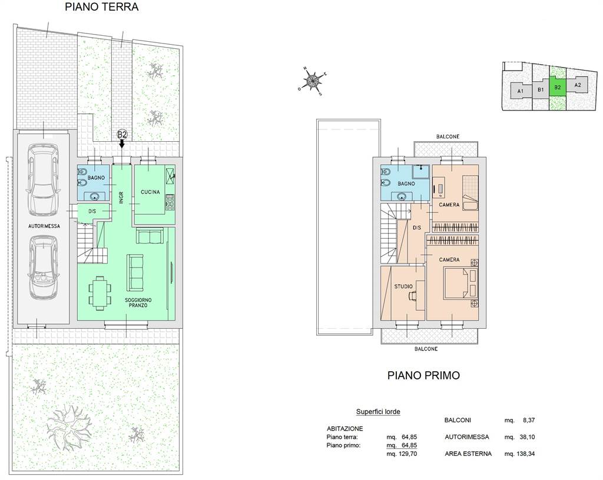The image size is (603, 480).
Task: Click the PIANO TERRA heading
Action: (x=101, y=7)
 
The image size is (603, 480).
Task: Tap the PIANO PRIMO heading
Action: (x=423, y=375)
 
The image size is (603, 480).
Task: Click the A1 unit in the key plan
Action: (x=521, y=91)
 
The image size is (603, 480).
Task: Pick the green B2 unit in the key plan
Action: (x=558, y=87)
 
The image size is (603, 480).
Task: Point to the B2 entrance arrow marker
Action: (x=122, y=139)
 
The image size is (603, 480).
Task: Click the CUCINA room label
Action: (x=150, y=192)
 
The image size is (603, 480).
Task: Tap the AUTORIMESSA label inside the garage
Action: (x=44, y=226)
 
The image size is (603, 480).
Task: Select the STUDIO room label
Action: (x=403, y=286)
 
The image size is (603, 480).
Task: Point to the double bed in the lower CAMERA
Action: (x=459, y=283)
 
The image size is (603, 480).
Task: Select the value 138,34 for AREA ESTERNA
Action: (x=526, y=454)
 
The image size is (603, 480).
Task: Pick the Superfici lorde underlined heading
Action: (x=378, y=412)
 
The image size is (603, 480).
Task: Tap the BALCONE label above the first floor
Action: (x=448, y=136)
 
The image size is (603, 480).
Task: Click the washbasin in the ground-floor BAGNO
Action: (x=94, y=197)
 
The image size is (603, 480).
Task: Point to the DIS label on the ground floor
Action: (x=92, y=211)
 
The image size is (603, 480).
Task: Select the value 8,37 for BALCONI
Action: (x=529, y=421)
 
